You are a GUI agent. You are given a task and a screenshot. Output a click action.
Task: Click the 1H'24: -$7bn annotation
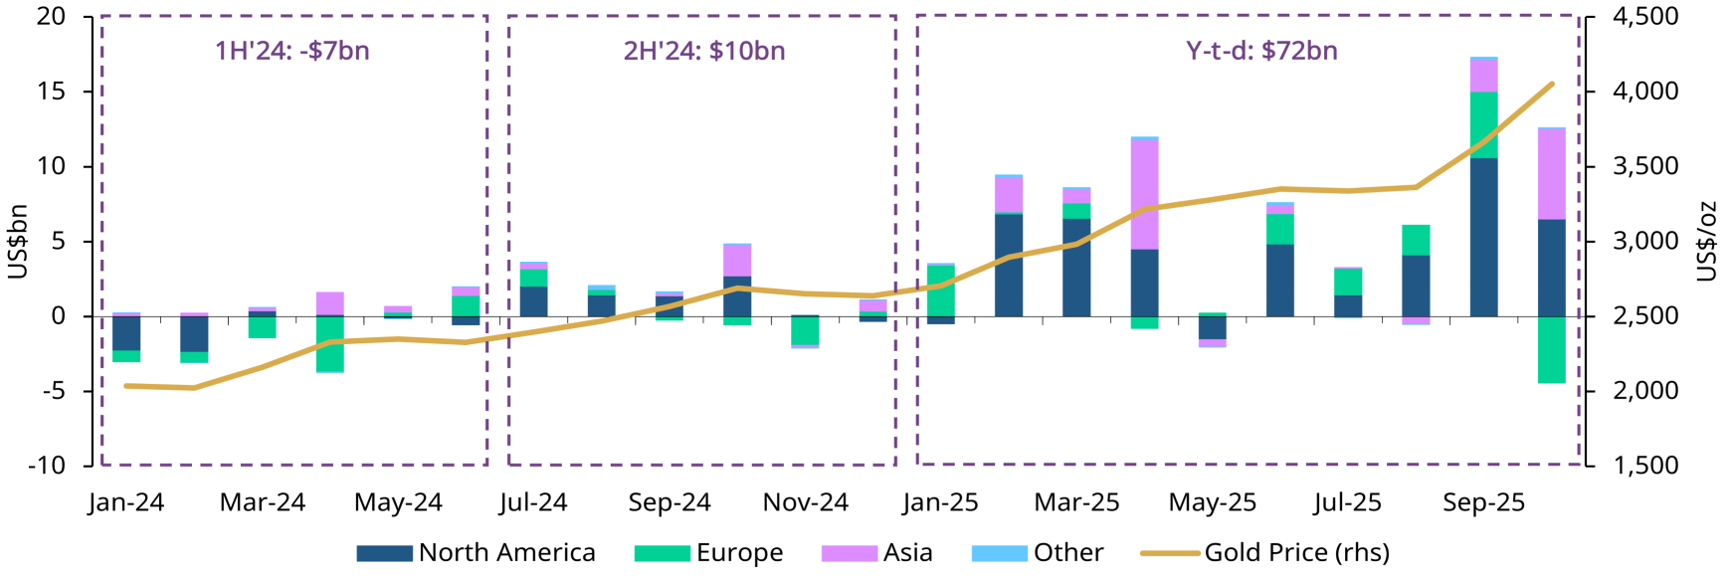[x=292, y=51]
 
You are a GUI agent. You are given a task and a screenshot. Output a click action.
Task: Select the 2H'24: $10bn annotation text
[x=704, y=51]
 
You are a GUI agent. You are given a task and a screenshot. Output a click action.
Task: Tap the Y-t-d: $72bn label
[x=1261, y=51]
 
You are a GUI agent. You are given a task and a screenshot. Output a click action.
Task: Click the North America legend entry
[x=477, y=552]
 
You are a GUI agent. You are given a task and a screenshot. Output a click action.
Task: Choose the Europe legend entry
[x=709, y=552]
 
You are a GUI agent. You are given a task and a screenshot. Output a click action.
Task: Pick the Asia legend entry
[x=877, y=552]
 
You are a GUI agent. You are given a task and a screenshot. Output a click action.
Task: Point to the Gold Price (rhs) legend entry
[x=1265, y=552]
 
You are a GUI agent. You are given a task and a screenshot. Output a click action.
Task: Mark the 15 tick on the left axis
[x=52, y=92]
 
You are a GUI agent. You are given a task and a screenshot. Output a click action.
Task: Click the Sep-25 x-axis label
[x=1483, y=502]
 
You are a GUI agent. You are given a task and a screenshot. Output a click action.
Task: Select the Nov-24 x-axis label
[x=806, y=502]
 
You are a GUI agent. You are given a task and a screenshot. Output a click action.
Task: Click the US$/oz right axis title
[x=1707, y=241]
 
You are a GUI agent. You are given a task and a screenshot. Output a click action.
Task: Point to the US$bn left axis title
[x=17, y=241]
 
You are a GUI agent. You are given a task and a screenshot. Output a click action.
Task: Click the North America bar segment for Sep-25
[x=1483, y=237]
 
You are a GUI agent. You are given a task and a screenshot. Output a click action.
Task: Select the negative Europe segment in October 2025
[x=1551, y=349]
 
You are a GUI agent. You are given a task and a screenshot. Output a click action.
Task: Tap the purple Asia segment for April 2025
[x=1144, y=194]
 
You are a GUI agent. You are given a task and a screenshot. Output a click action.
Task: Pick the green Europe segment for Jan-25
[x=941, y=290]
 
